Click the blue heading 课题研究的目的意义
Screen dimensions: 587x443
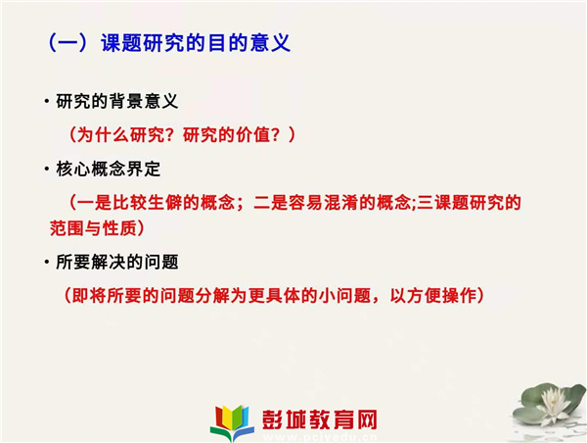click(196, 43)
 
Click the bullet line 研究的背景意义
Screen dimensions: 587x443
click(116, 101)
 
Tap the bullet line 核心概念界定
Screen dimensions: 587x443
click(109, 169)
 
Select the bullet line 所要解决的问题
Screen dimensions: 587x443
click(116, 262)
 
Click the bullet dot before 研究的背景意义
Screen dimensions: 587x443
click(47, 101)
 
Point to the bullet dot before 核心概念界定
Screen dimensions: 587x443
click(47, 169)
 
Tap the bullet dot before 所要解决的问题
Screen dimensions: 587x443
click(47, 262)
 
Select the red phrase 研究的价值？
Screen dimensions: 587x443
click(231, 134)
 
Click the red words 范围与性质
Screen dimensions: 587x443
click(93, 228)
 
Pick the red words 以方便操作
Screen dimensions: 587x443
click(433, 296)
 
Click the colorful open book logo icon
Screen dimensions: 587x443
click(232, 422)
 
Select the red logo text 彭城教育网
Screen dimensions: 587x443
click(319, 419)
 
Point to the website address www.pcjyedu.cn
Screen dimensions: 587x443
click(320, 437)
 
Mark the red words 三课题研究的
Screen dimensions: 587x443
click(469, 203)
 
